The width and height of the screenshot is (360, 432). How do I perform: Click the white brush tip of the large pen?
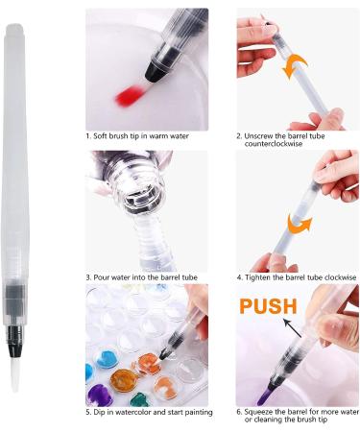(14, 372)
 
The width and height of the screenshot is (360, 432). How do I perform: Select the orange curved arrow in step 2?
(295, 66)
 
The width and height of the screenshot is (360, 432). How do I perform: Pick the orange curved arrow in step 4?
(300, 224)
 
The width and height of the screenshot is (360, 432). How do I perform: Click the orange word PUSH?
(268, 306)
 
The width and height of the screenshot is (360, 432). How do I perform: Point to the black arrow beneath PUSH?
(293, 328)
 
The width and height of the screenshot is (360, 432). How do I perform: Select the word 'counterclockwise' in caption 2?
(274, 144)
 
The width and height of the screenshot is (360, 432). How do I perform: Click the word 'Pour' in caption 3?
(101, 277)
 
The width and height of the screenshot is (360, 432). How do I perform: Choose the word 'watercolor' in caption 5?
(133, 412)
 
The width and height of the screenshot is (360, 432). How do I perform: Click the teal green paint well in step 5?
(139, 399)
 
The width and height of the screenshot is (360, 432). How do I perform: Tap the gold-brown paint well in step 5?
(124, 380)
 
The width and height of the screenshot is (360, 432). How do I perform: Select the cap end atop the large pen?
(14, 29)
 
